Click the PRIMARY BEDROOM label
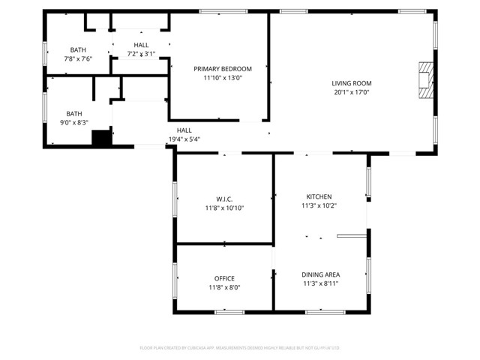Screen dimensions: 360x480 click(223, 68)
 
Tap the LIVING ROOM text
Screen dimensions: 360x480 click(352, 83)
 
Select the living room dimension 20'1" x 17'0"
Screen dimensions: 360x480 click(352, 92)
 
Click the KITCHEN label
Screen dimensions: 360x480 click(319, 196)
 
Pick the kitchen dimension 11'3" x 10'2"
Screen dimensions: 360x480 click(319, 205)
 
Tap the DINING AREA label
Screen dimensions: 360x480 click(320, 274)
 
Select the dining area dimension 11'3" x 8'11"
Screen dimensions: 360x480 click(320, 283)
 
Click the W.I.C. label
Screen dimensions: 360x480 click(224, 199)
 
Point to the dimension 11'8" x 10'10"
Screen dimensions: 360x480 click(224, 208)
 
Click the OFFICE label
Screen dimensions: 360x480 click(224, 278)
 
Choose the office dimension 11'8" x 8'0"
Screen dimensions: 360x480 click(224, 287)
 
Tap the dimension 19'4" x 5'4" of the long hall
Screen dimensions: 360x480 click(184, 139)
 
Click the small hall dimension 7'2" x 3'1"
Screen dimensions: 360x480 click(141, 54)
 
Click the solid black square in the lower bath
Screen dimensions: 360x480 click(101, 137)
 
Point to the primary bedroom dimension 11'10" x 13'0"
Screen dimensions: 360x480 click(223, 77)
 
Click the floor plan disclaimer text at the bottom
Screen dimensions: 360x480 click(240, 347)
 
